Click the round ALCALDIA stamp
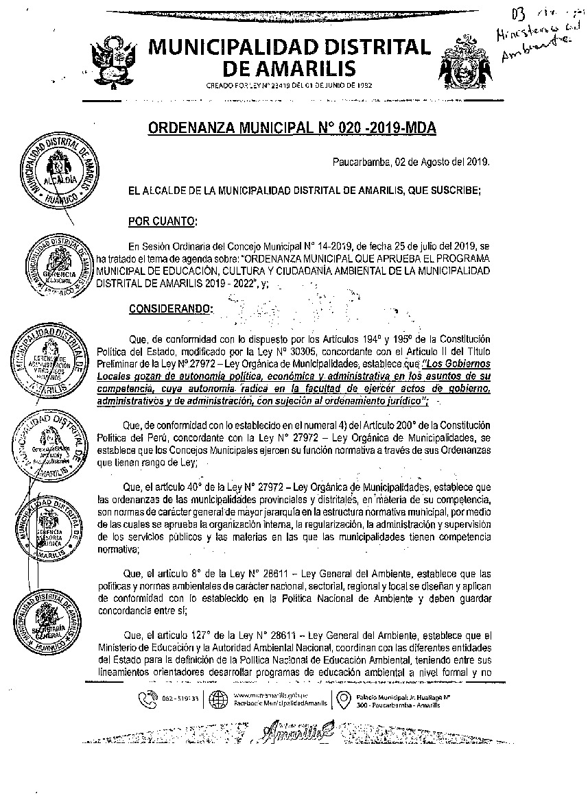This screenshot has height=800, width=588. click(58, 167)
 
